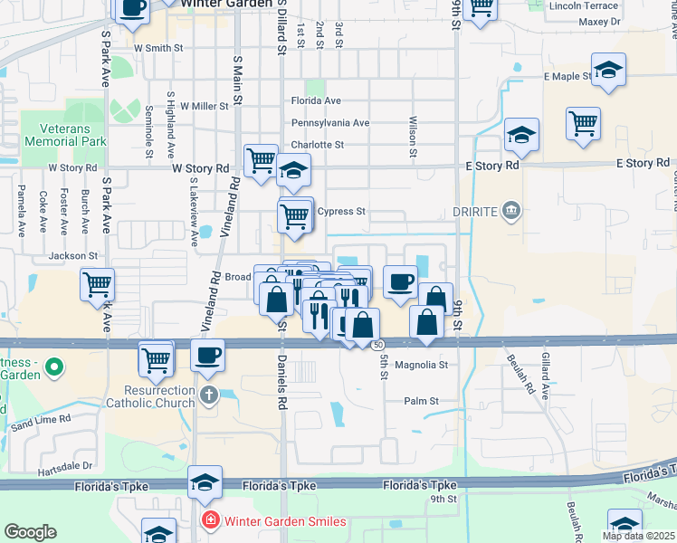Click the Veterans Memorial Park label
pos(65,136)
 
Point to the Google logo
pos(30,532)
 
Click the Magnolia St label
pos(423,365)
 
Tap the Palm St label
pos(421,401)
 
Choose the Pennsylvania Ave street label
pos(329,123)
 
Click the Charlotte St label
pos(317,145)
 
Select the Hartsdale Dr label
pos(65,466)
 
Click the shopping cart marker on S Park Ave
pos(98,285)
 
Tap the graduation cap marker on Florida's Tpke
pos(205,482)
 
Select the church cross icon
pos(209,395)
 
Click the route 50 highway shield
pos(378,345)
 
